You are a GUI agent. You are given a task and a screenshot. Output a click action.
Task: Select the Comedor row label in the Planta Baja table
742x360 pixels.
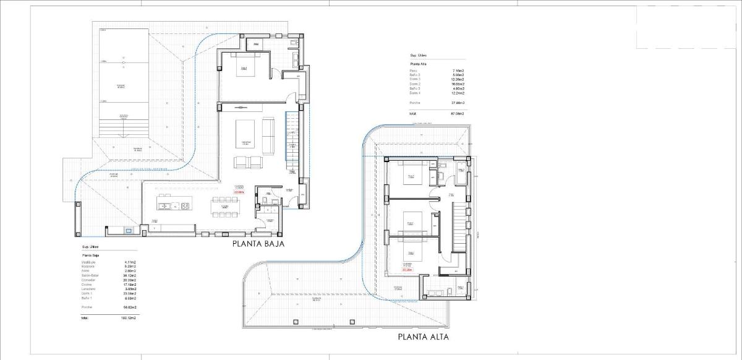click(87, 280)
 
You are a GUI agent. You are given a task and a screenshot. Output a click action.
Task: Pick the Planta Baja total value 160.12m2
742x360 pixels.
click(128, 318)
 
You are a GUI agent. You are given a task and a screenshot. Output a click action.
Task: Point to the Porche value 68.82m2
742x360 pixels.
click(129, 307)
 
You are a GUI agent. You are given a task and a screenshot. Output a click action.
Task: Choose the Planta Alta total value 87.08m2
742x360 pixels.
click(457, 114)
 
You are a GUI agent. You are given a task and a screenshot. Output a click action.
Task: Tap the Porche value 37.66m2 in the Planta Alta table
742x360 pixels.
click(458, 102)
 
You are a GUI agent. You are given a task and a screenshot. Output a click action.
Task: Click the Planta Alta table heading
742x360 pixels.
click(418, 64)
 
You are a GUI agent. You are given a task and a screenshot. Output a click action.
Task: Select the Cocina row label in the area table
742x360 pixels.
click(86, 285)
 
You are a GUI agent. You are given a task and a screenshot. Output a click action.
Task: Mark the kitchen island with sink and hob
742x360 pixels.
click(173, 205)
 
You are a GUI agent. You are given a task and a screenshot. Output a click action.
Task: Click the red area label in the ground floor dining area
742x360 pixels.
click(239, 192)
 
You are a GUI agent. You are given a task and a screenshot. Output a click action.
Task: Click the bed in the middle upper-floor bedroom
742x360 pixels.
click(409, 219)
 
